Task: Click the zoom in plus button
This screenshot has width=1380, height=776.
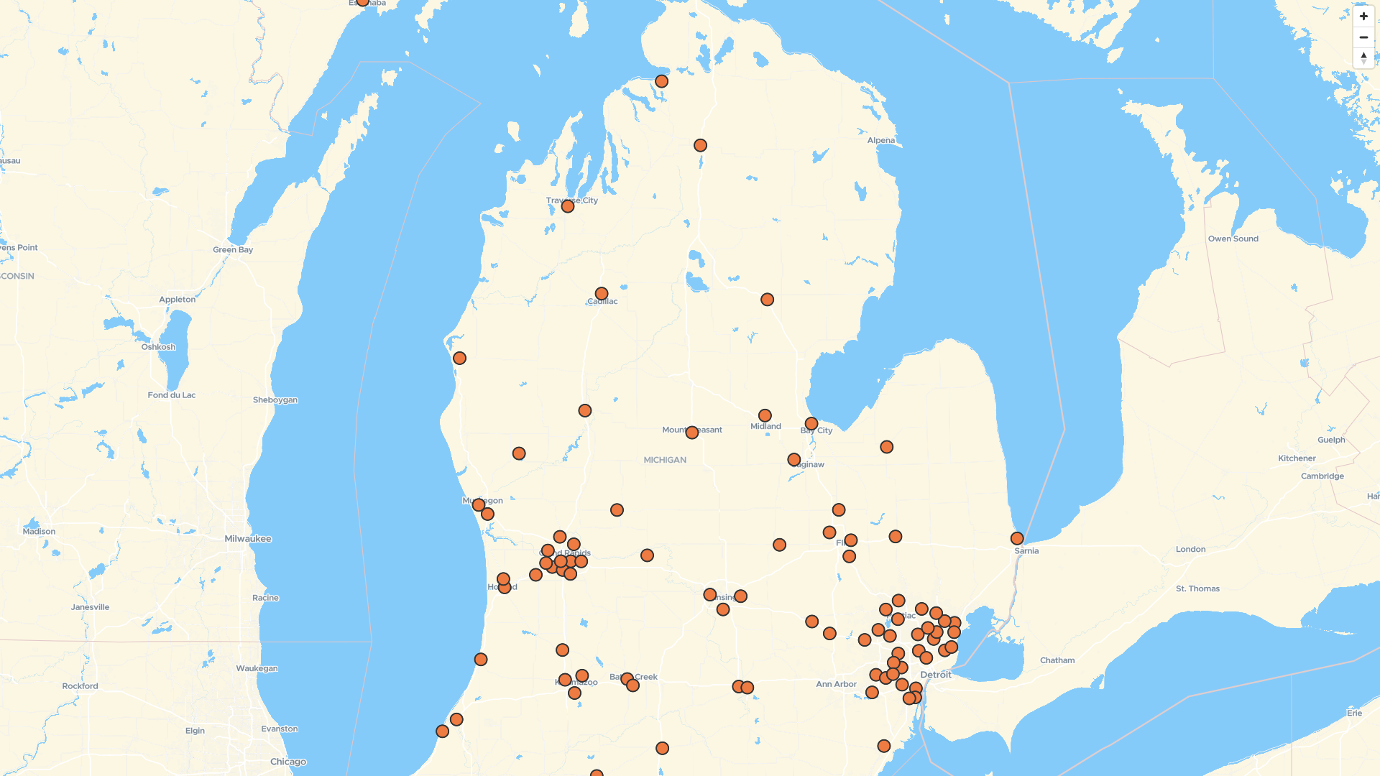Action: click(x=1363, y=17)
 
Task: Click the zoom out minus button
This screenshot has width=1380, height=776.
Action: click(x=1363, y=37)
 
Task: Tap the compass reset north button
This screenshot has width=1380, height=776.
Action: click(x=1363, y=57)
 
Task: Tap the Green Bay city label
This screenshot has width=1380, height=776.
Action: click(x=233, y=250)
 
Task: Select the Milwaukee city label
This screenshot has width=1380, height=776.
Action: click(x=248, y=539)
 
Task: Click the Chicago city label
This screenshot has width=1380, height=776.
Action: click(x=288, y=762)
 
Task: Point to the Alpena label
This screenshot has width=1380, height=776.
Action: click(x=881, y=140)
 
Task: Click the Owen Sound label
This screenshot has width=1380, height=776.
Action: click(x=1233, y=239)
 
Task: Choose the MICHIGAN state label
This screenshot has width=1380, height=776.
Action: click(x=665, y=460)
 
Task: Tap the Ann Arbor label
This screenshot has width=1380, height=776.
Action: click(x=836, y=684)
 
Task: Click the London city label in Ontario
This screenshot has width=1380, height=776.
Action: click(x=1191, y=549)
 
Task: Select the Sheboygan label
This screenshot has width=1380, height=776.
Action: click(x=275, y=400)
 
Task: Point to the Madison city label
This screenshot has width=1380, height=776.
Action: click(x=39, y=532)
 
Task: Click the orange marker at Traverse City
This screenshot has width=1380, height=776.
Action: click(x=568, y=206)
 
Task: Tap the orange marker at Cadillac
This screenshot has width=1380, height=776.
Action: click(x=602, y=294)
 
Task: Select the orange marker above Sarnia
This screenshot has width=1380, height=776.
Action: click(x=1017, y=538)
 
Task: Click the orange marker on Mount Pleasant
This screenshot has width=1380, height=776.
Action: click(x=692, y=433)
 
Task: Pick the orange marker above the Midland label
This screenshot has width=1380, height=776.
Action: click(x=765, y=415)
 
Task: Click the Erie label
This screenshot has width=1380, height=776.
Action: click(x=1355, y=713)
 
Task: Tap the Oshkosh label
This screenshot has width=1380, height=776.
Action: click(x=158, y=347)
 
